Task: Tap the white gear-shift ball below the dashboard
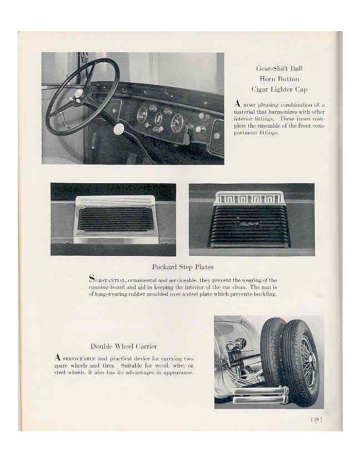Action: (118, 129)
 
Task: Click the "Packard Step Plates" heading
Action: (182, 267)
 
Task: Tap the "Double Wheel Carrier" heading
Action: (123, 346)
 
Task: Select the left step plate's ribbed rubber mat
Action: (115, 219)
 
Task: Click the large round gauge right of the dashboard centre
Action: (177, 122)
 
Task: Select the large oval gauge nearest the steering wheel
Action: (142, 115)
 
